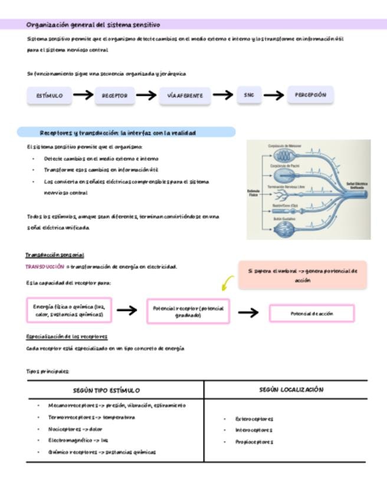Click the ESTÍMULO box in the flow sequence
[x=50, y=95]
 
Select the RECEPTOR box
[x=114, y=95]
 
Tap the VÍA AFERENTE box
[x=185, y=95]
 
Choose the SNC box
[x=248, y=94]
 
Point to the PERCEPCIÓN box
[x=310, y=94]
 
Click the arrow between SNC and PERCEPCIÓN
[x=274, y=95]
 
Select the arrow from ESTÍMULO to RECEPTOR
[x=83, y=95]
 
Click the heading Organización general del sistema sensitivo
[x=93, y=25]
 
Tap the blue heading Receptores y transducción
[x=126, y=133]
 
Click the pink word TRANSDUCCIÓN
[x=45, y=267]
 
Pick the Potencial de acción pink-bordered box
[x=311, y=314]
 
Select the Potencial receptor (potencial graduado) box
[x=188, y=311]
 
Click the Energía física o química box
[x=68, y=311]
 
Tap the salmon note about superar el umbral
[x=303, y=275]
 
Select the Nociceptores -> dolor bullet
[x=75, y=429]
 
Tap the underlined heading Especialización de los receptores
[x=67, y=336]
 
